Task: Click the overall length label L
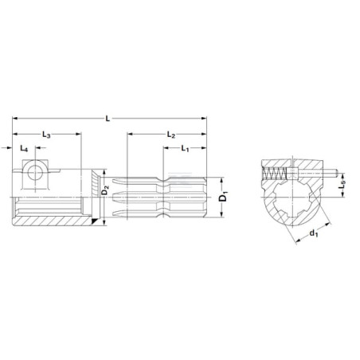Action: [x=108, y=119]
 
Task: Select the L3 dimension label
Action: [x=46, y=135]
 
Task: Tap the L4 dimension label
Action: [x=24, y=148]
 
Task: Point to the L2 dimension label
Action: [x=171, y=135]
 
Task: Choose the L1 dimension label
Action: [x=185, y=148]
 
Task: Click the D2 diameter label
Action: [x=105, y=190]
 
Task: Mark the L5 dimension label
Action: [x=342, y=185]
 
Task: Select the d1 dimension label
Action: [x=314, y=233]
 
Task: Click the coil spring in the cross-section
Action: [x=274, y=174]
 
